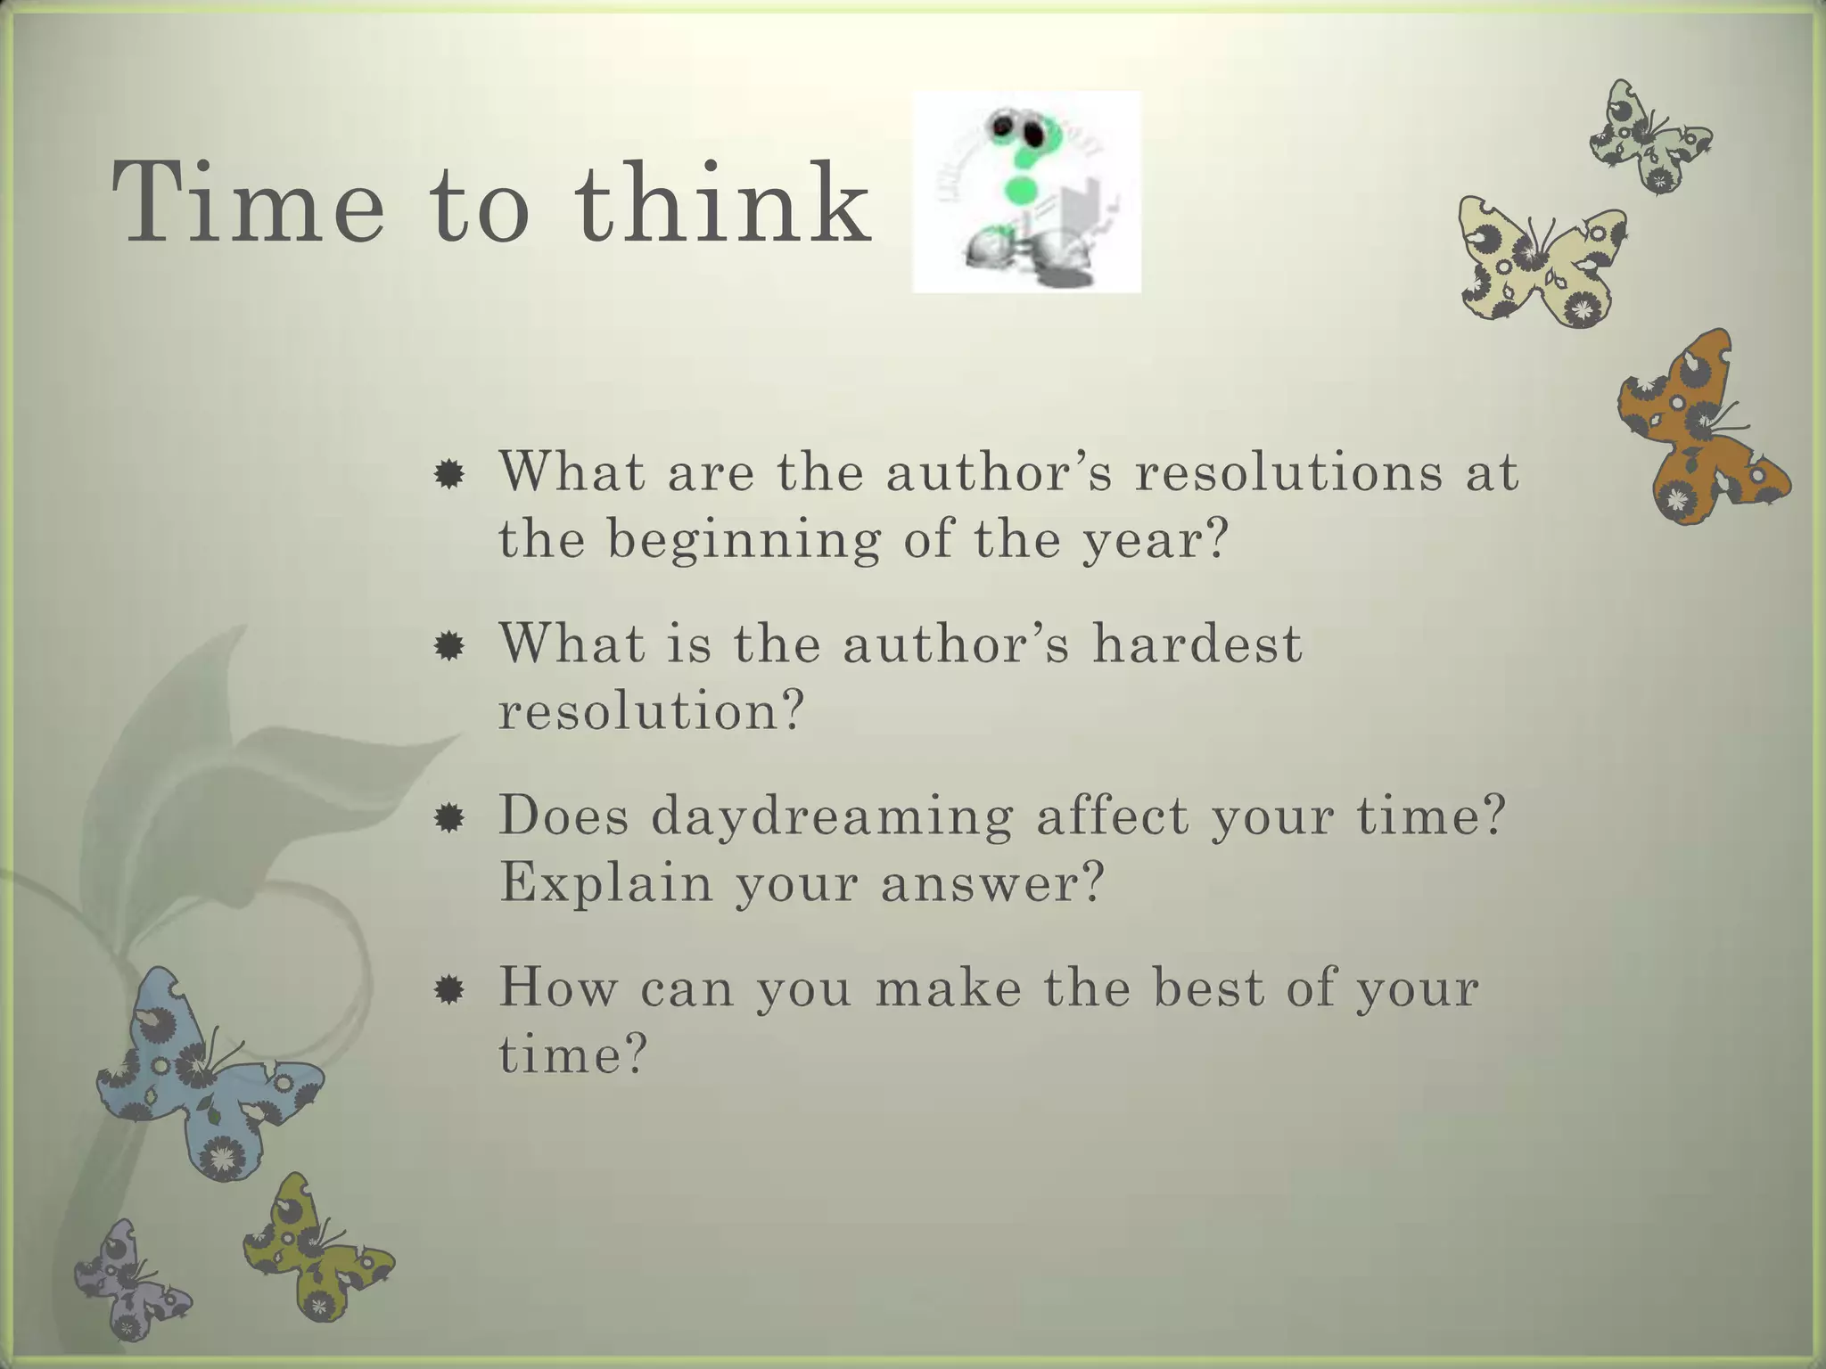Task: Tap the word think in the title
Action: pos(722,202)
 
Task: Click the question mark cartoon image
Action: pos(1026,192)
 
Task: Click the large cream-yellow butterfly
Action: pos(1541,261)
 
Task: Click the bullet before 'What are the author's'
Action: pos(448,474)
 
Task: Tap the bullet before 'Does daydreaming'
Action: pos(448,818)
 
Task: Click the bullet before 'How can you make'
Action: pos(448,989)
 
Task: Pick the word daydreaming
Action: pos(832,816)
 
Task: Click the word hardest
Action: pos(1197,644)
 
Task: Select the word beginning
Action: pos(744,540)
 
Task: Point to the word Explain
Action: pos(605,882)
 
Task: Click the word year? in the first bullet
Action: pos(1156,540)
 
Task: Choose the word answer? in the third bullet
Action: pos(992,882)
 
